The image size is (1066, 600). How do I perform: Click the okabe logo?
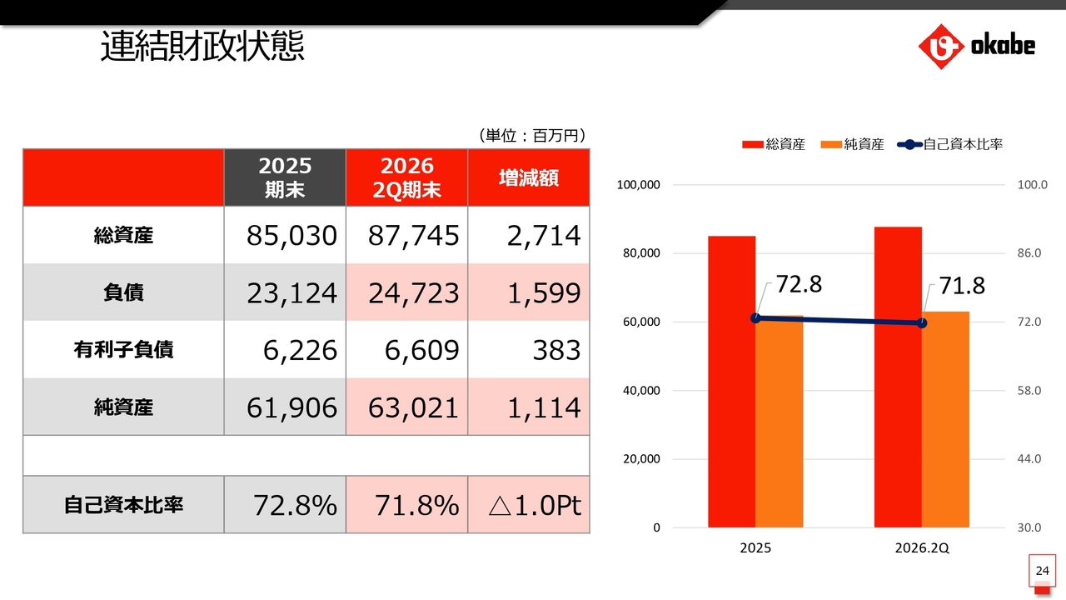pos(977,46)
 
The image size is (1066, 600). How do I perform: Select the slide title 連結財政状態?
pos(202,46)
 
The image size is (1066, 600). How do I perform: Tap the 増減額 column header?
pos(529,178)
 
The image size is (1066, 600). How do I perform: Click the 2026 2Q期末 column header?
pos(407,177)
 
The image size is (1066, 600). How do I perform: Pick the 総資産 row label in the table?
pos(123,235)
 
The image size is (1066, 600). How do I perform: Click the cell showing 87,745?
pos(414,235)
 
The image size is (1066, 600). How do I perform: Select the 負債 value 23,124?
pos(291,292)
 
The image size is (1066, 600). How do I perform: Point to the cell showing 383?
pos(556,350)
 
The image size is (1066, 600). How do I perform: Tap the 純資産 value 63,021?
pos(414,407)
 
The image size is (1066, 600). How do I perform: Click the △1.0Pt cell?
pos(535,505)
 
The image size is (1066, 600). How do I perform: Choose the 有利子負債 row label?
pos(123,349)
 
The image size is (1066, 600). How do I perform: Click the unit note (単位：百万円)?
pos(532,136)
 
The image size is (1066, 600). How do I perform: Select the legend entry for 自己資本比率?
pos(950,144)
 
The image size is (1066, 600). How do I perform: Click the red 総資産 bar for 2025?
pos(731,382)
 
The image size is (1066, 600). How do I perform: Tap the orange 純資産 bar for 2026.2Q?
pos(945,419)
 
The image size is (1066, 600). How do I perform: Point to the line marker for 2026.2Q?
pos(922,323)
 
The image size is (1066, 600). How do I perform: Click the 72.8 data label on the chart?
pos(799,284)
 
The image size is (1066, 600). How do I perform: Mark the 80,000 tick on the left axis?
pos(641,253)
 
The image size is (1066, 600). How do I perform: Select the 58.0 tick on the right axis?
pos(1029,391)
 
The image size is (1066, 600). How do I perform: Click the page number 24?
pos(1042,571)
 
